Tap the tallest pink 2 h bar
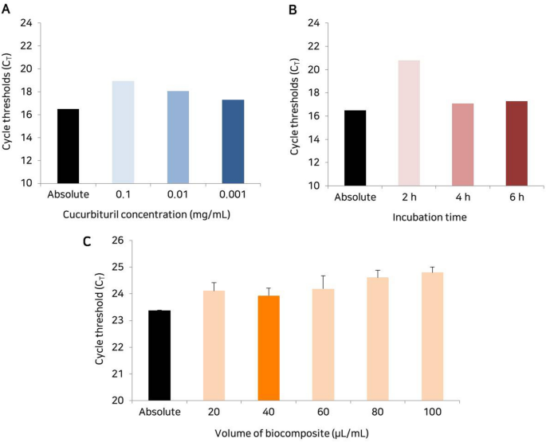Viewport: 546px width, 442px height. click(409, 123)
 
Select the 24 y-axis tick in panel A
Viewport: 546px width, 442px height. click(26, 22)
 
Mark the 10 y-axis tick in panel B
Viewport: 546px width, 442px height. click(313, 185)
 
